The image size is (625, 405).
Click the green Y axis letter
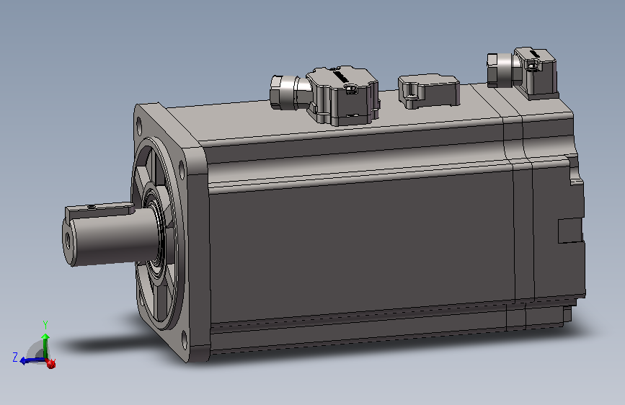(x=45, y=324)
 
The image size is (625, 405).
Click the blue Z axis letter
(x=15, y=357)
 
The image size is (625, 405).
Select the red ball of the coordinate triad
(x=51, y=363)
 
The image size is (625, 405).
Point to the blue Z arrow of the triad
(x=31, y=361)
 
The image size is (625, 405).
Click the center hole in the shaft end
(x=67, y=240)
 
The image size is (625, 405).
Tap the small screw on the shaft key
(x=92, y=207)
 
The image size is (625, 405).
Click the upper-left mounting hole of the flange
(x=138, y=125)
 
